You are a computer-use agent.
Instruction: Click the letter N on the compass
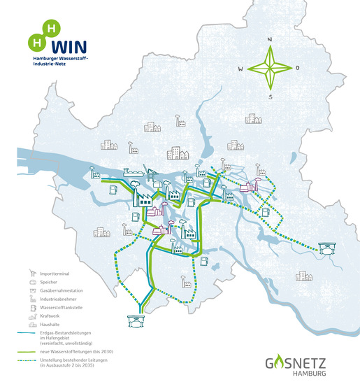point(271,39)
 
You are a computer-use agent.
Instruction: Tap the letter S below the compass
point(271,97)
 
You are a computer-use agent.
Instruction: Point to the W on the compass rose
point(240,69)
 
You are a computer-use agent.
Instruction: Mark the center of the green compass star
point(270,68)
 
